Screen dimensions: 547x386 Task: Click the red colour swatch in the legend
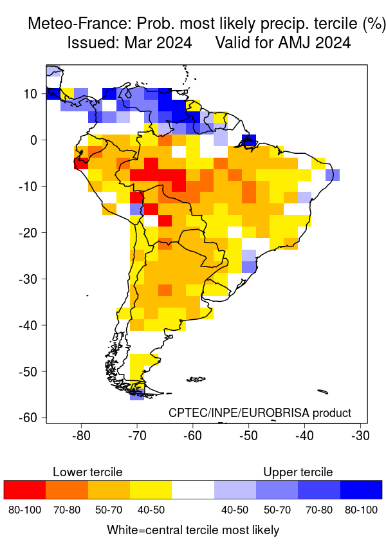(x=24, y=490)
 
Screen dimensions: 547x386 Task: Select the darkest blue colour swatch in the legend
(x=361, y=490)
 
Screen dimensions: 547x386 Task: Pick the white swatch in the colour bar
(x=193, y=490)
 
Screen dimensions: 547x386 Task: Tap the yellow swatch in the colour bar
(x=151, y=490)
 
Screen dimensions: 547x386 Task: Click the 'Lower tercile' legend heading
(x=87, y=472)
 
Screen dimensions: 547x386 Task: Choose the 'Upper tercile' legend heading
(x=298, y=472)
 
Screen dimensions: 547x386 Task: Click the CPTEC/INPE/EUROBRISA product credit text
(x=260, y=413)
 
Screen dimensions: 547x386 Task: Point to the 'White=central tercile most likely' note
(x=193, y=530)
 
